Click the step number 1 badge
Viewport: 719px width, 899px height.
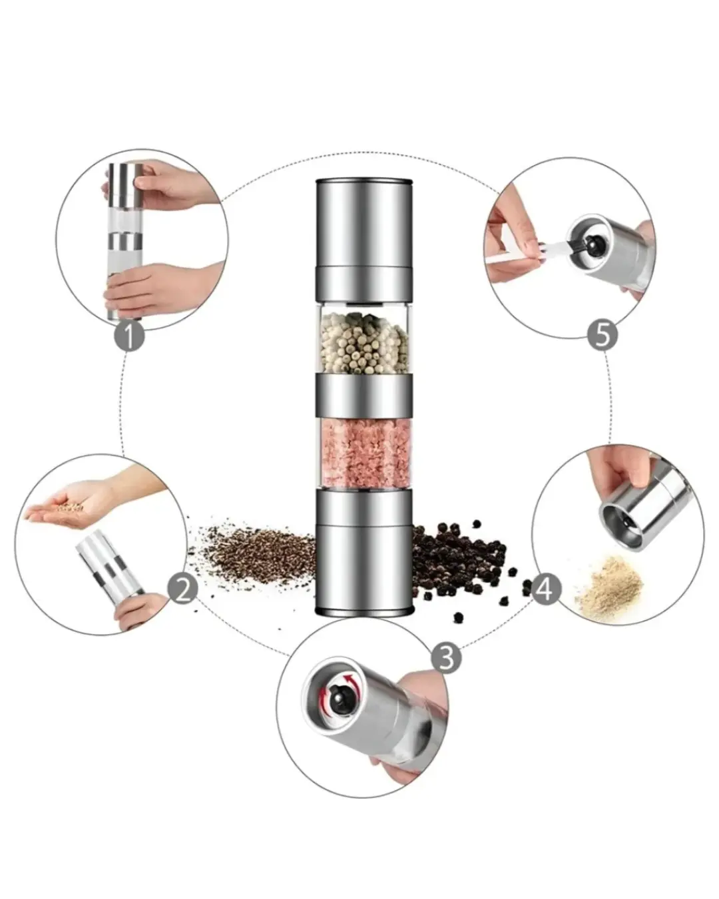[x=129, y=336]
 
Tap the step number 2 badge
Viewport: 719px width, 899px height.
[x=182, y=589]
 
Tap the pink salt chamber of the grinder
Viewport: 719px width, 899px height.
[x=364, y=453]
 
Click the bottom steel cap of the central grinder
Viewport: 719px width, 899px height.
[x=363, y=552]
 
